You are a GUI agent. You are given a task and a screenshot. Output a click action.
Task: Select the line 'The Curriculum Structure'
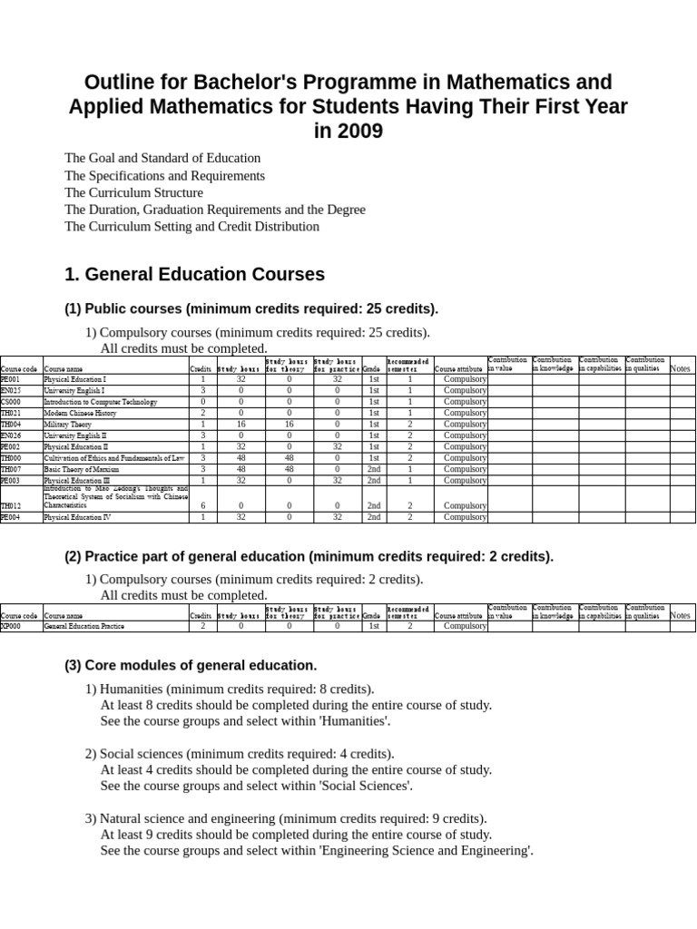(x=133, y=192)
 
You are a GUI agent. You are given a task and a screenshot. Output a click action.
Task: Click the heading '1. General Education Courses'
(x=194, y=274)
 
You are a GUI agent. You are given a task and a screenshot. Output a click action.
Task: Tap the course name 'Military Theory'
(x=68, y=424)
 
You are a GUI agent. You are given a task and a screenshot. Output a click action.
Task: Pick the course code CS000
(x=10, y=401)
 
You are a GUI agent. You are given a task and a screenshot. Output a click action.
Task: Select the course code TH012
(x=10, y=505)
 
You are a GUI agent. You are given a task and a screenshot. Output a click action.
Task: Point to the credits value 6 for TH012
(x=201, y=505)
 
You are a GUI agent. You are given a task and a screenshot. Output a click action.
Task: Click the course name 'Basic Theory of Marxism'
(x=83, y=469)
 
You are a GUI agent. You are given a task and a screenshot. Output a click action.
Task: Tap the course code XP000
(x=10, y=626)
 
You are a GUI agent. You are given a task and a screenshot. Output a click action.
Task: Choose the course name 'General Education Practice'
(x=83, y=626)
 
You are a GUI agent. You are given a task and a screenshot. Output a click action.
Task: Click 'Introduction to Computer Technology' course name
(x=100, y=401)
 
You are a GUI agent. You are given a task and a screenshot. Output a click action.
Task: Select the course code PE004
(x=10, y=517)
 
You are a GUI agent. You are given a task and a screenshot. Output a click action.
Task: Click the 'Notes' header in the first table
(x=680, y=368)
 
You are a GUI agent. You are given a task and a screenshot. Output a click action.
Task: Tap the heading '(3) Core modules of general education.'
(x=191, y=665)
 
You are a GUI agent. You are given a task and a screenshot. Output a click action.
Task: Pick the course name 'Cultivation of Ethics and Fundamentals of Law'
(x=113, y=458)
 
